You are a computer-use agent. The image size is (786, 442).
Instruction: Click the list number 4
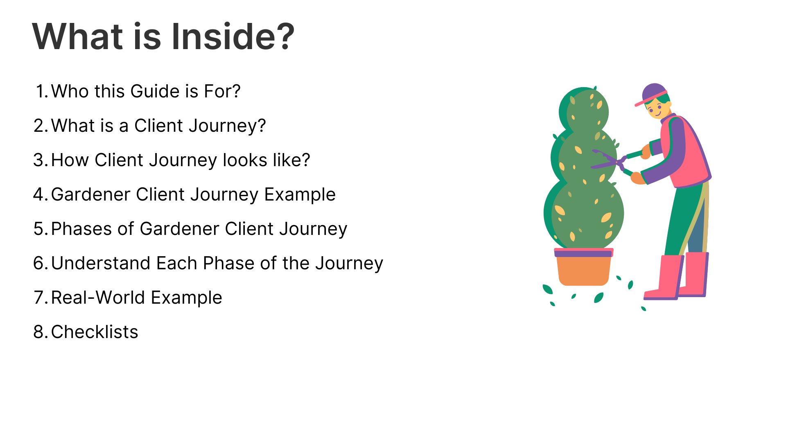point(40,194)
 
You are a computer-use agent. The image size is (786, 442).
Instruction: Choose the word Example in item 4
point(300,195)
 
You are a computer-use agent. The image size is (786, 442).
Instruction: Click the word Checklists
point(95,332)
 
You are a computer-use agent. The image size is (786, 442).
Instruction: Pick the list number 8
point(40,332)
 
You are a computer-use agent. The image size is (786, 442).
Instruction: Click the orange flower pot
point(584,267)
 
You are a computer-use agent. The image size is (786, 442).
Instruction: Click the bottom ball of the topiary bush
point(584,214)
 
